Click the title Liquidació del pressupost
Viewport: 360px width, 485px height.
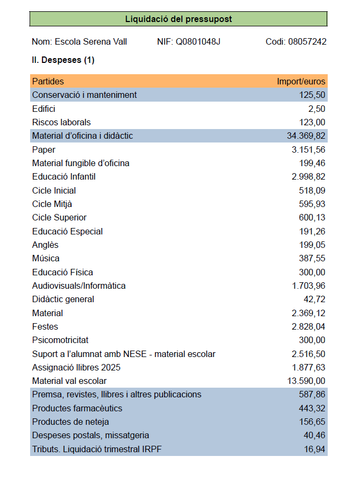click(179, 19)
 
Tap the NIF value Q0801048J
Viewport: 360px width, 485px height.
click(198, 42)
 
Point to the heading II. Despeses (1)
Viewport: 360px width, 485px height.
click(63, 60)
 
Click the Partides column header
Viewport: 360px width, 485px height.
click(48, 82)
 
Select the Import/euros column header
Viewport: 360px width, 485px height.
click(301, 82)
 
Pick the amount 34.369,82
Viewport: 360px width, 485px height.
click(306, 136)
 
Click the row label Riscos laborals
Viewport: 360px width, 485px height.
click(61, 123)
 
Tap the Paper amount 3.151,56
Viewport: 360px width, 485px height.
click(308, 150)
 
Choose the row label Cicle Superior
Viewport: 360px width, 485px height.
click(59, 218)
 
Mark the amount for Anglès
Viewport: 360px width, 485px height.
click(312, 245)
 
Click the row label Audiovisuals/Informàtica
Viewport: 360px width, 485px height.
click(79, 286)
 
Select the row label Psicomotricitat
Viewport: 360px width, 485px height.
click(60, 340)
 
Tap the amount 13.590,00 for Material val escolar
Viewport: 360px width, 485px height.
click(306, 381)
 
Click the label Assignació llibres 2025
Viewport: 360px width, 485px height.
click(76, 368)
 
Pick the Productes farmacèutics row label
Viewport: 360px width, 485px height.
click(77, 409)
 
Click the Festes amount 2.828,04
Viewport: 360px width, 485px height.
click(308, 327)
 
